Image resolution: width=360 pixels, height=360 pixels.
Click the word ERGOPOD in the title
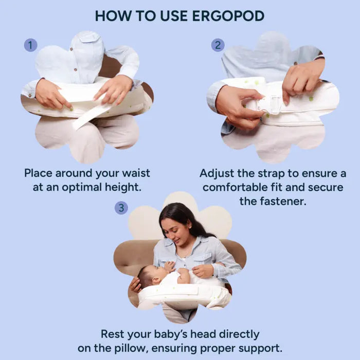(228, 16)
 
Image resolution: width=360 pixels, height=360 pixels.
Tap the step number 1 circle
(30, 45)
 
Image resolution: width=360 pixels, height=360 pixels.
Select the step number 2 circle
(218, 45)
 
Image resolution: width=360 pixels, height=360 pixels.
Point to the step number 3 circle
(121, 208)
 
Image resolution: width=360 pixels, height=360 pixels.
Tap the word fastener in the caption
(284, 202)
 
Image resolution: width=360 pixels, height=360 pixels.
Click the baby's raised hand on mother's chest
(169, 266)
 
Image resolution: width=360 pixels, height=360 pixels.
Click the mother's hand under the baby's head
(135, 285)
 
